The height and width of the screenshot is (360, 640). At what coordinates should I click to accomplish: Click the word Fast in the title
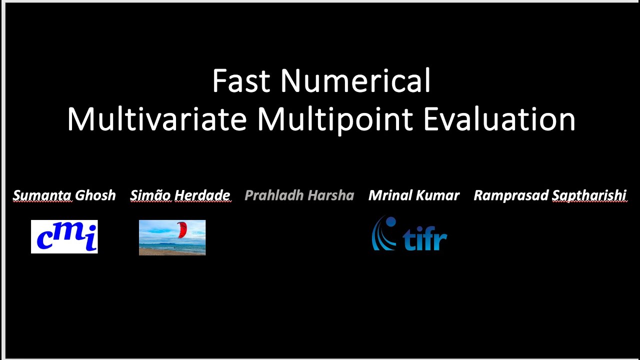tap(241, 81)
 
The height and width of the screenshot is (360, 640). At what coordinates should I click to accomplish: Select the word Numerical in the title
tap(355, 81)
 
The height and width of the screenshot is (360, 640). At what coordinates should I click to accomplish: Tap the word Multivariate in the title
tap(157, 120)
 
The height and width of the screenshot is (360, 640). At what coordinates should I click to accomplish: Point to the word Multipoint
tap(335, 120)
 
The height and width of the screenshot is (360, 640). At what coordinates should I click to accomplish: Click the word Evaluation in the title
tap(499, 120)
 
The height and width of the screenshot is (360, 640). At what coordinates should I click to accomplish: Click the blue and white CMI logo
tap(64, 236)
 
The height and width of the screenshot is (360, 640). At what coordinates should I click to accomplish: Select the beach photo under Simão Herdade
tap(172, 237)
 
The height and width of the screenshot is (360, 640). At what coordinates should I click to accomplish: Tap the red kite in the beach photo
tap(182, 230)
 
